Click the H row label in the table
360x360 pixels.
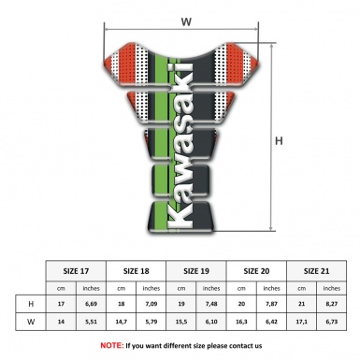(32, 304)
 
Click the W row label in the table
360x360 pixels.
(32, 323)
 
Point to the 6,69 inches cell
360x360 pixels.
(91, 304)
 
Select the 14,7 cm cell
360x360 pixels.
(121, 323)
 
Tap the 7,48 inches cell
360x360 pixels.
(211, 304)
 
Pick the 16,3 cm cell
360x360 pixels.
(241, 323)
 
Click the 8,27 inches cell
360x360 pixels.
(331, 304)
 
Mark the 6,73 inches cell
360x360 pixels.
(331, 323)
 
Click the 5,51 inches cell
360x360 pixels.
(91, 323)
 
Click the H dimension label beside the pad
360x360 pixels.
(278, 141)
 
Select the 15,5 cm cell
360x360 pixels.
(180, 323)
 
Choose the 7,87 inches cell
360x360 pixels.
(271, 304)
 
